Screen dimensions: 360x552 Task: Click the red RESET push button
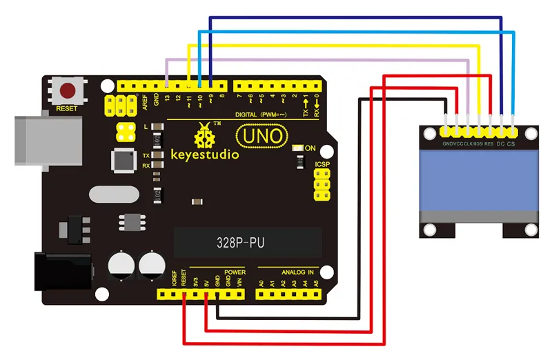coord(68,90)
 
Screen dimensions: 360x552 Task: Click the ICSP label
coord(322,165)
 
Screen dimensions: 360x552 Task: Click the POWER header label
coord(235,272)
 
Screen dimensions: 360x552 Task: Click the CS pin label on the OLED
coord(511,144)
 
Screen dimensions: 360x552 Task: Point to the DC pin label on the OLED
coord(500,144)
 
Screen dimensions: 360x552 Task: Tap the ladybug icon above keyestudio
coord(204,135)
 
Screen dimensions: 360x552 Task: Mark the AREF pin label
coord(145,101)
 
